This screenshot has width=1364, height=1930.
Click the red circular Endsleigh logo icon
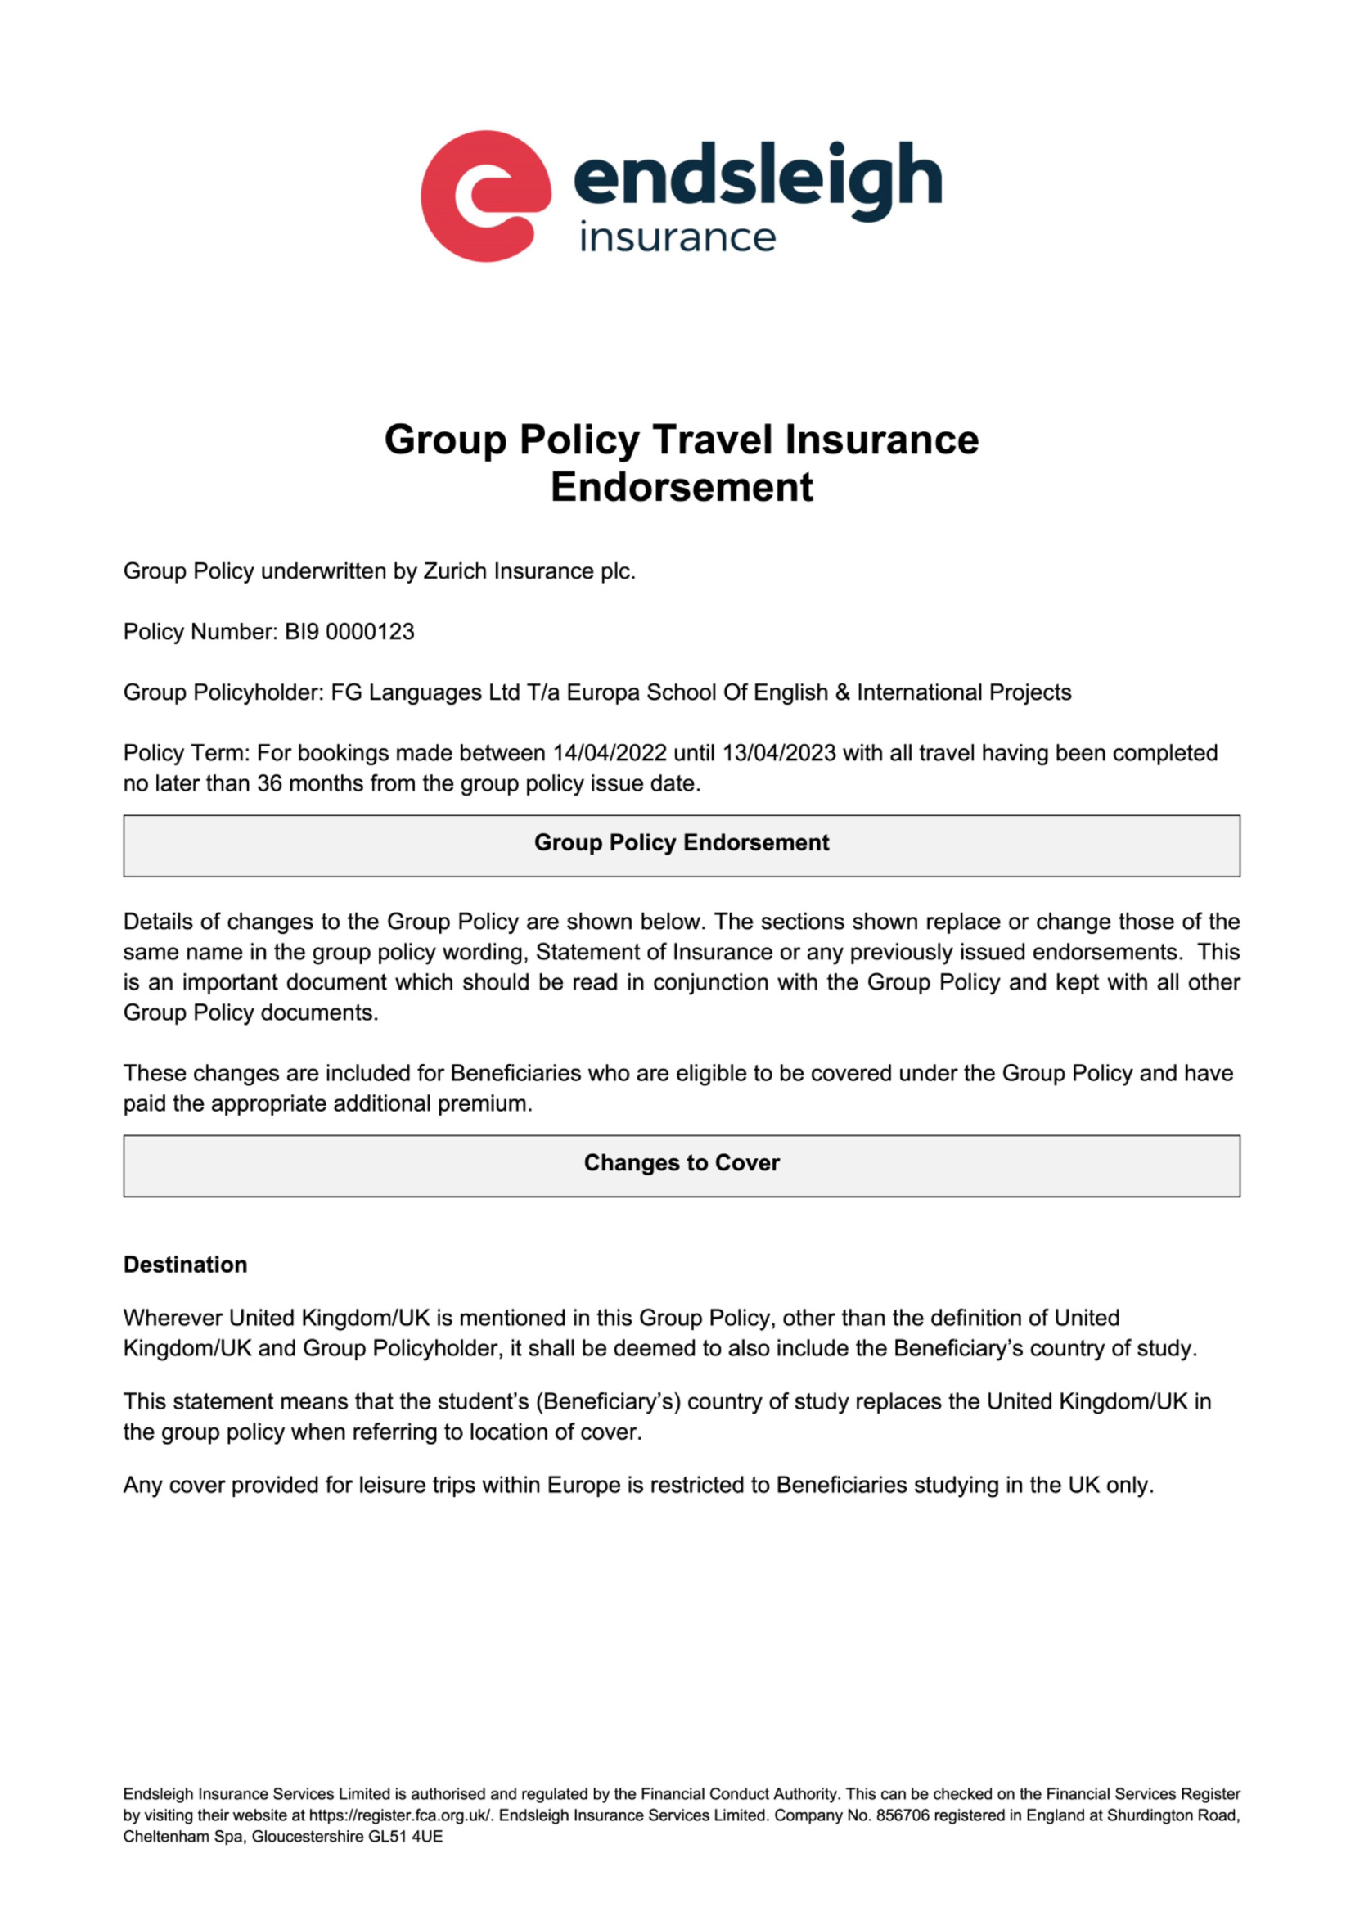tap(486, 196)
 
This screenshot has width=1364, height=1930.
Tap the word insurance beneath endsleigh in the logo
tap(677, 239)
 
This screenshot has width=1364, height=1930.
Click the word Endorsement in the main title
tap(682, 488)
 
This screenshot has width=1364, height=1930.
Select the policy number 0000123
tap(370, 632)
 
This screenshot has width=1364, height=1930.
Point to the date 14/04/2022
tap(610, 753)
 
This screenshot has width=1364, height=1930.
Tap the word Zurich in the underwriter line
tap(455, 571)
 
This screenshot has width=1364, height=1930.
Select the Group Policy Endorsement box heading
tap(682, 843)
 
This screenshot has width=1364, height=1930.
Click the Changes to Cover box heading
tap(682, 1163)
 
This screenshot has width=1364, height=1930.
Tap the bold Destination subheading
tap(185, 1265)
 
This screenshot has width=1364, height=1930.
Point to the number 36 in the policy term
tap(270, 783)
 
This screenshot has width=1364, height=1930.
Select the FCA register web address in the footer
tap(400, 1815)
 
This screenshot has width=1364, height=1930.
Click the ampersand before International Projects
tap(843, 692)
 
